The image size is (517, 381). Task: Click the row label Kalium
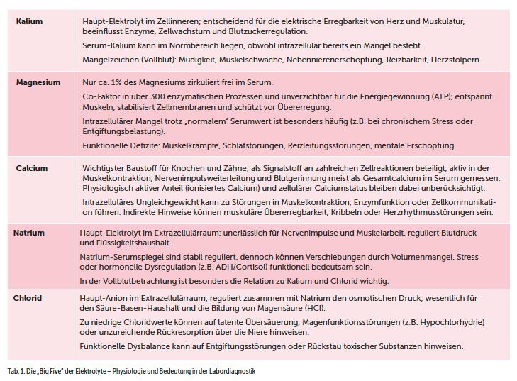29,21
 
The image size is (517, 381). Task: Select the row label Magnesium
38,83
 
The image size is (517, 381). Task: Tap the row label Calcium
32,168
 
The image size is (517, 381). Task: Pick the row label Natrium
29,233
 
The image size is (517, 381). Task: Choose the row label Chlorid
28,298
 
